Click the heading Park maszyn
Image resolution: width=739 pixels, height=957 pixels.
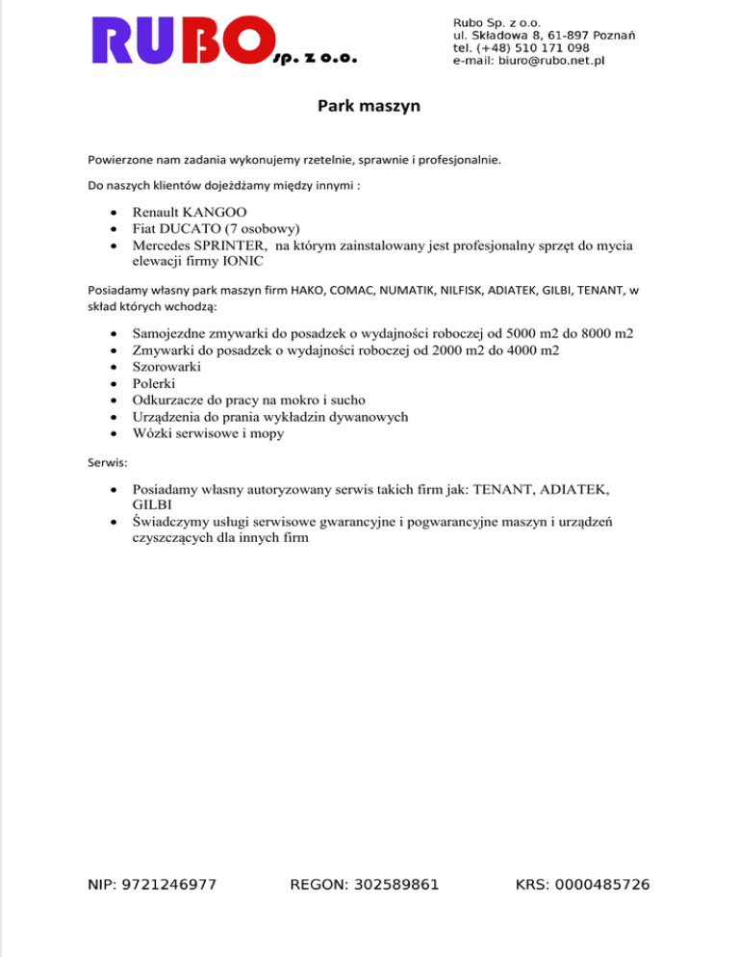369,107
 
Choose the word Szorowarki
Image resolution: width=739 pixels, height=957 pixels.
166,367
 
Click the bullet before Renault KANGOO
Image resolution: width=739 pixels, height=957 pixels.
115,213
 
